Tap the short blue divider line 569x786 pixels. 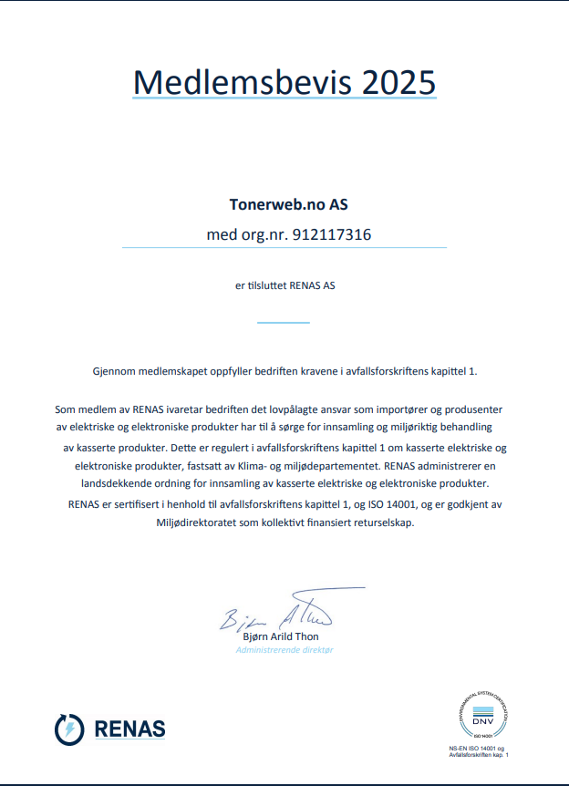point(284,322)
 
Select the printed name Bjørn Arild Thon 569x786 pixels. point(281,636)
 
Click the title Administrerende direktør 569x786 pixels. point(284,649)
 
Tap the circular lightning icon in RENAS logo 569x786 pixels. point(69,729)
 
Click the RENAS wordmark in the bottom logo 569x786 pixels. point(129,729)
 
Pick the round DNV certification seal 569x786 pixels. point(481,716)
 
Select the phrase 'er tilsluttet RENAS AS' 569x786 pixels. point(285,285)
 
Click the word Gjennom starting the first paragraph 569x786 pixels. point(114,371)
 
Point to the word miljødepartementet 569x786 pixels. point(340,465)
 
